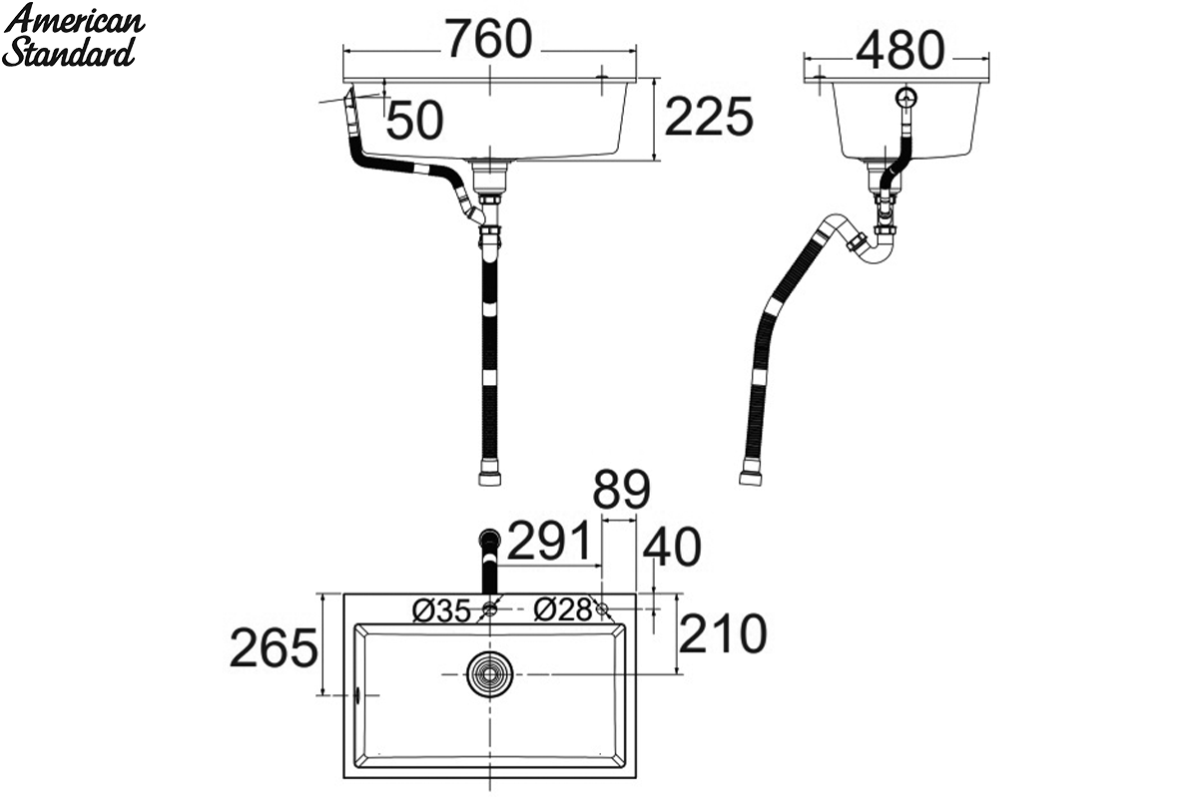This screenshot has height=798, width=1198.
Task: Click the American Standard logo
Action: point(74,35)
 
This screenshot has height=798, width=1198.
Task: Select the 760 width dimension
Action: point(490,39)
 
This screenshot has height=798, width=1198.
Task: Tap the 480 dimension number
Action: point(901,50)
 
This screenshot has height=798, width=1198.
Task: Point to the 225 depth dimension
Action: point(709,117)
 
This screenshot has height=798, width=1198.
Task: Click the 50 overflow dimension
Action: point(414,121)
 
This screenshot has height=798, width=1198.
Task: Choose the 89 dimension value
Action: point(621,490)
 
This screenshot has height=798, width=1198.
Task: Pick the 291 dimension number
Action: point(549,541)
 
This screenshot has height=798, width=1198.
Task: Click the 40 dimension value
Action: point(672,547)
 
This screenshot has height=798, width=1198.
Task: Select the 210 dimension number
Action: point(723,633)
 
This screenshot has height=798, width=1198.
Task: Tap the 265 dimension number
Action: point(274,647)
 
